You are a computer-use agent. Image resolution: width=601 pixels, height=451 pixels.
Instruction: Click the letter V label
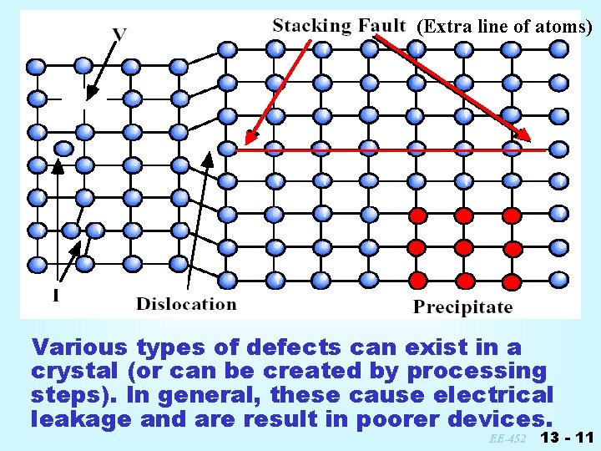(120, 34)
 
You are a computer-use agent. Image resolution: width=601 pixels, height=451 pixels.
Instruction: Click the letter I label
(55, 295)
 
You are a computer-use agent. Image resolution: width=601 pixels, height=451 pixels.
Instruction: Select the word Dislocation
(186, 304)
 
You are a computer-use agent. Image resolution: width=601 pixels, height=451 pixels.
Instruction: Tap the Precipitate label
(462, 307)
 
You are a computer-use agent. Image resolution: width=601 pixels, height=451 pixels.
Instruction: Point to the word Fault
(383, 26)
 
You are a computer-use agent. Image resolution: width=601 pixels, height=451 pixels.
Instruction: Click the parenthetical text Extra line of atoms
(504, 27)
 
